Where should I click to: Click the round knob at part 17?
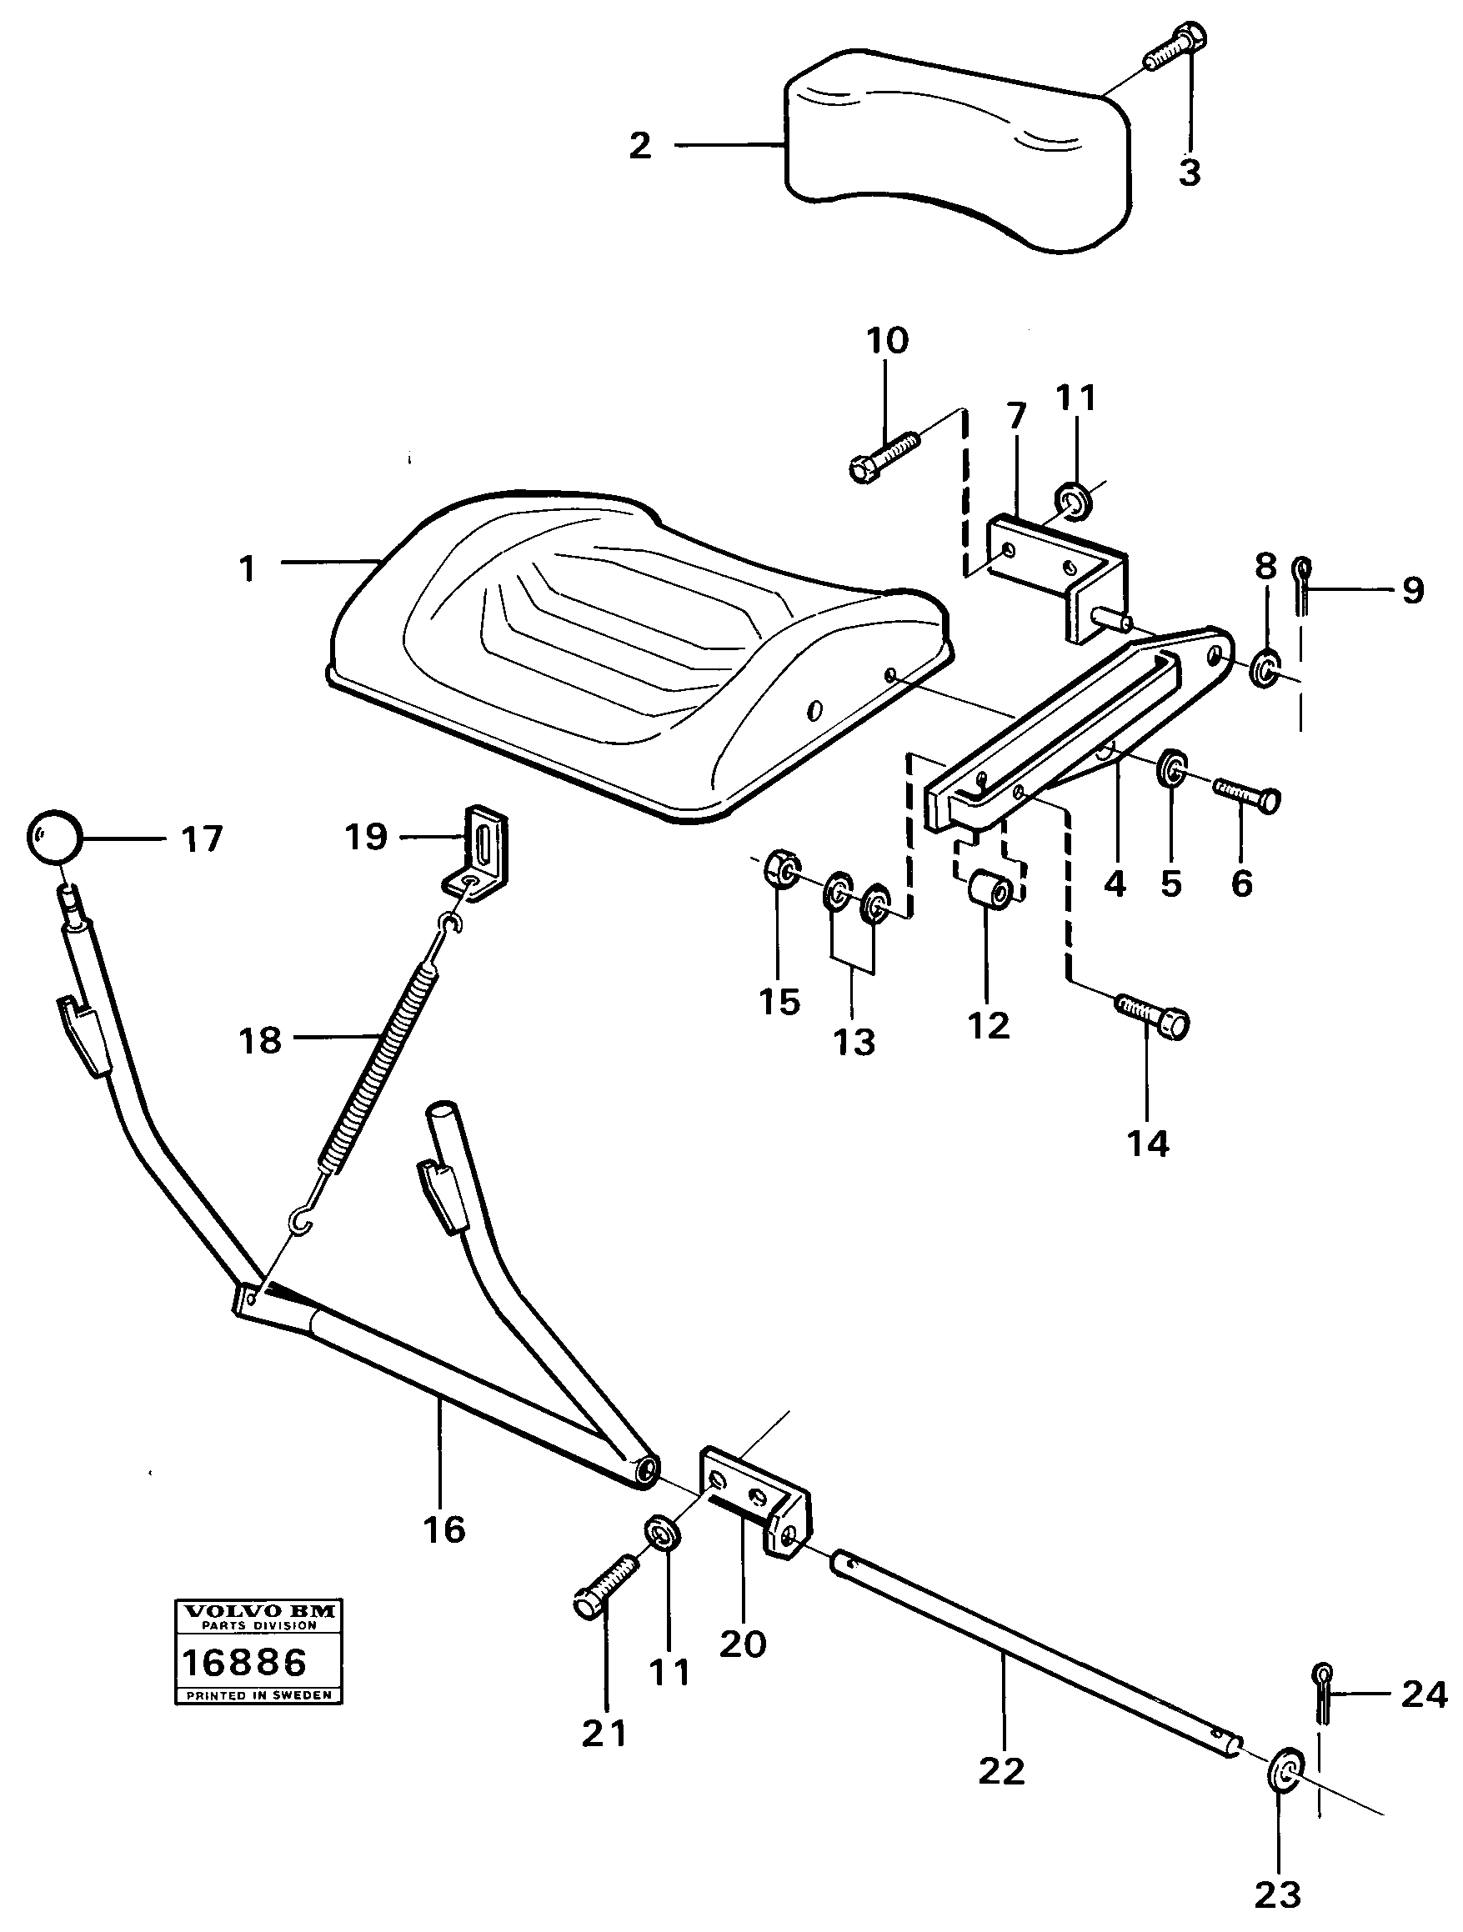[54, 837]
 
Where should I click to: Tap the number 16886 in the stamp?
[243, 1661]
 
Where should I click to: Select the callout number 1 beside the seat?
[248, 568]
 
